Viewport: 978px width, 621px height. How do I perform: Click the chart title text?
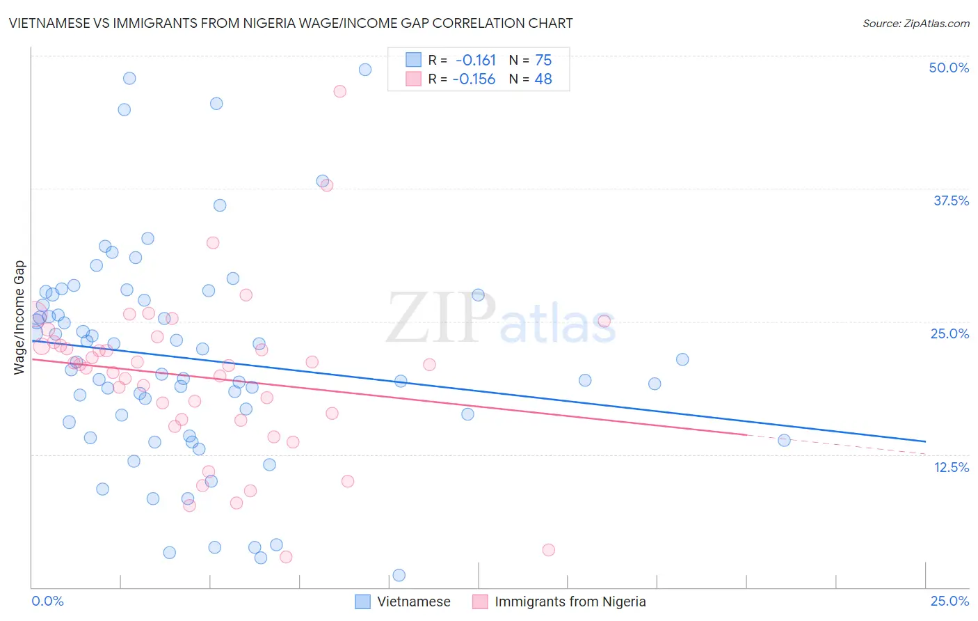(291, 23)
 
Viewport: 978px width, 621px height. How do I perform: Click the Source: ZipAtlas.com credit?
(915, 23)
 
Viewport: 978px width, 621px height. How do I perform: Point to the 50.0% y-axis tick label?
(949, 68)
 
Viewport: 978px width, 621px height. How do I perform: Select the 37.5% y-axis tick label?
(951, 201)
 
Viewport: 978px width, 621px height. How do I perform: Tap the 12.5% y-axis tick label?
(951, 467)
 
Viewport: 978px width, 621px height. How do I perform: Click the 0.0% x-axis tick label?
(47, 601)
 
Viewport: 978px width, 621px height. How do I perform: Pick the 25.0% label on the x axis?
(949, 601)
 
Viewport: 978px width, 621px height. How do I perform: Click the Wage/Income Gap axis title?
(19, 317)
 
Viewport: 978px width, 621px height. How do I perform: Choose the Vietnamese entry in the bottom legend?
(413, 602)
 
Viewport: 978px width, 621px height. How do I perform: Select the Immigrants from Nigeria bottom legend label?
(570, 602)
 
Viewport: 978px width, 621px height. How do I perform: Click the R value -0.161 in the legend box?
(476, 60)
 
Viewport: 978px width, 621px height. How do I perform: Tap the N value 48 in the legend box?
(543, 79)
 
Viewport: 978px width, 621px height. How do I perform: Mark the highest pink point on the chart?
(340, 91)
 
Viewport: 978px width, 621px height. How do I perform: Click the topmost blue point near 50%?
(365, 70)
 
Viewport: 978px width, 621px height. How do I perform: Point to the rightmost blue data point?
(784, 440)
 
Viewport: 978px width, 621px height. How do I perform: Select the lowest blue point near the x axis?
(399, 575)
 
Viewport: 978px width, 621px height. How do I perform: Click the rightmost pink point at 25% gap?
(604, 321)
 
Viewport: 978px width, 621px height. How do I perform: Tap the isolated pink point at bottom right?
(548, 550)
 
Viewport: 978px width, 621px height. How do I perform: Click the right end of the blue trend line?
(925, 441)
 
